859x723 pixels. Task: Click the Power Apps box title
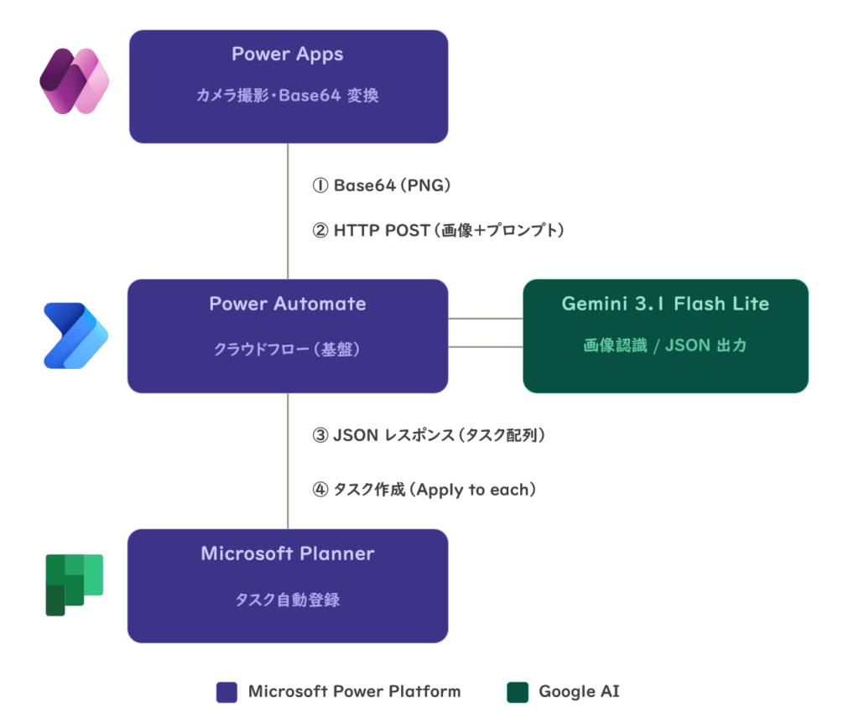pyautogui.click(x=288, y=55)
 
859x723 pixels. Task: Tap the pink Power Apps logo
pyautogui.click(x=75, y=81)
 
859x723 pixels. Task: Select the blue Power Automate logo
pyautogui.click(x=75, y=335)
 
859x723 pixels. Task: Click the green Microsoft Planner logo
pyautogui.click(x=75, y=585)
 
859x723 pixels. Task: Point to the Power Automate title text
pyautogui.click(x=288, y=304)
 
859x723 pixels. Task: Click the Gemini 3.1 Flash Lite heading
pyautogui.click(x=665, y=304)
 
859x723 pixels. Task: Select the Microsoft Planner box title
pyautogui.click(x=288, y=554)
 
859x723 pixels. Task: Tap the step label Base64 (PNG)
pyautogui.click(x=382, y=185)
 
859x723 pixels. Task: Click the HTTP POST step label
pyautogui.click(x=438, y=230)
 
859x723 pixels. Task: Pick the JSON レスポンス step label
pyautogui.click(x=429, y=435)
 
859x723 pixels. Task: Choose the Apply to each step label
pyautogui.click(x=424, y=489)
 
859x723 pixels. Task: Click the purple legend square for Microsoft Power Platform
pyautogui.click(x=226, y=692)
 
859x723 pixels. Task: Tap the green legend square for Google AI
pyautogui.click(x=518, y=692)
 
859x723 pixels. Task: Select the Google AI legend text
pyautogui.click(x=579, y=692)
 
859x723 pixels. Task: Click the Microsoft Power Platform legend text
pyautogui.click(x=355, y=691)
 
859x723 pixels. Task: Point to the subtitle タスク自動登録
pyautogui.click(x=288, y=600)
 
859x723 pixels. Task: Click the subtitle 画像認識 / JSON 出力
pyautogui.click(x=665, y=345)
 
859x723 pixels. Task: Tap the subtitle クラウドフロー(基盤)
pyautogui.click(x=287, y=349)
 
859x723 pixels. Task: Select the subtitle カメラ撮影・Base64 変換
pyautogui.click(x=288, y=96)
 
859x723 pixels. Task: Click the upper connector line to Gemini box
pyautogui.click(x=486, y=318)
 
